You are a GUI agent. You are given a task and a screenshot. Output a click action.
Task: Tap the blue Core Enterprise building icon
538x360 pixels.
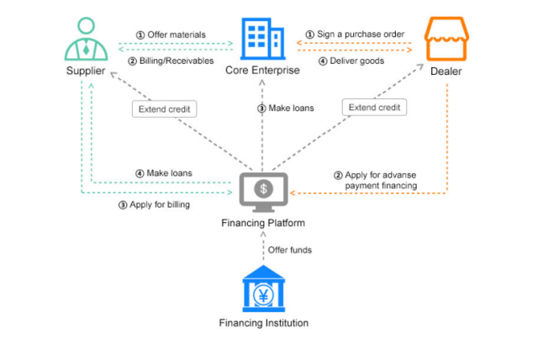[x=262, y=38]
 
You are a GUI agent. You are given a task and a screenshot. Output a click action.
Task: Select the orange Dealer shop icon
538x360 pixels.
[x=446, y=38]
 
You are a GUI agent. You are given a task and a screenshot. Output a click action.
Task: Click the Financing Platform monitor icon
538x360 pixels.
[x=263, y=191]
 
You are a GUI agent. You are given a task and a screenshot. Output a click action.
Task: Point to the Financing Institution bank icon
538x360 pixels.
[x=263, y=288]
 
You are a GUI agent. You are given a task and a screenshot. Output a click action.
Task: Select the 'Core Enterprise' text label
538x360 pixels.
[x=262, y=70]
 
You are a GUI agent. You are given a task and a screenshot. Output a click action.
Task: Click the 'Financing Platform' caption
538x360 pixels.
[x=263, y=223]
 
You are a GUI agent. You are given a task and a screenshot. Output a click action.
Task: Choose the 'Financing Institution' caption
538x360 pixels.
[x=263, y=323]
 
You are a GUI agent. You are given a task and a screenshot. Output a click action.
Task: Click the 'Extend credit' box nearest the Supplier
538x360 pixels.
[x=164, y=109]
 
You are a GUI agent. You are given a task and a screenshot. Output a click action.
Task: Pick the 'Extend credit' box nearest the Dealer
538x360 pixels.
[x=374, y=108]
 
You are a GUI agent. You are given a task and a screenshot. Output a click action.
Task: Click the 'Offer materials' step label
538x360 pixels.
[x=173, y=34]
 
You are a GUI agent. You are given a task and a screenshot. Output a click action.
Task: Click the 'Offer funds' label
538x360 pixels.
[x=287, y=250]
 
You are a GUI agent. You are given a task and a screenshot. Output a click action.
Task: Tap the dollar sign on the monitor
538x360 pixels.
[x=263, y=188]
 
